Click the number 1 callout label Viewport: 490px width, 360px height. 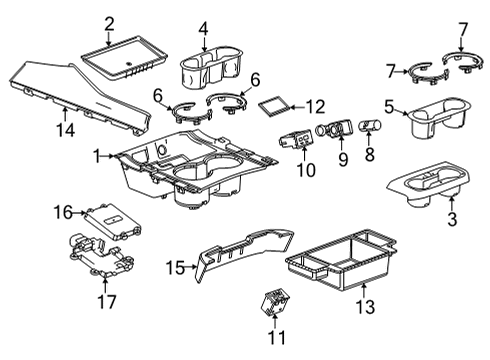pyautogui.click(x=98, y=156)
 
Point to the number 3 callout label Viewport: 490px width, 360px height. pyautogui.click(x=451, y=219)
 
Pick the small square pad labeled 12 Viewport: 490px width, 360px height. pyautogui.click(x=276, y=103)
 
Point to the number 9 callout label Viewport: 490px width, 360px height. pyautogui.click(x=343, y=159)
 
